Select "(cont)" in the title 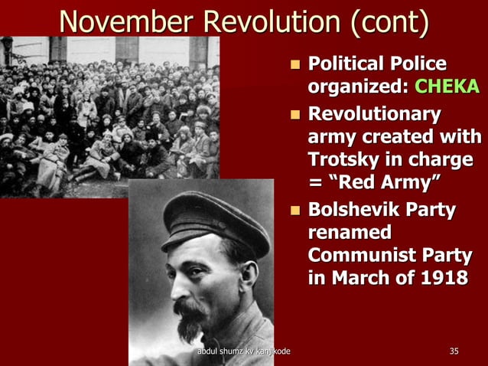coord(389,21)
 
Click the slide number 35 coord(454,351)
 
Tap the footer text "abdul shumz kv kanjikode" coord(243,351)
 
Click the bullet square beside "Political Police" coord(295,64)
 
